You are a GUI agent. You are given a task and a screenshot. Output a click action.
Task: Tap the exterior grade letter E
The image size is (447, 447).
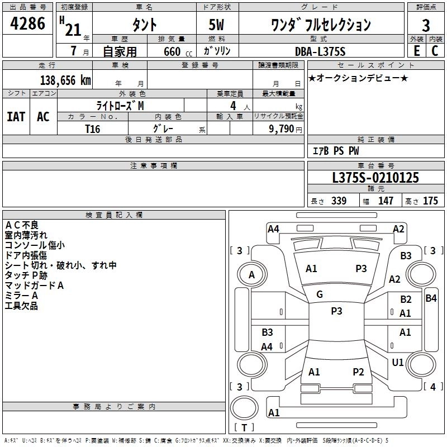(416, 50)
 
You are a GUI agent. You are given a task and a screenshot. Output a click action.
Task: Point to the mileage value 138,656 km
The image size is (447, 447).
(65, 80)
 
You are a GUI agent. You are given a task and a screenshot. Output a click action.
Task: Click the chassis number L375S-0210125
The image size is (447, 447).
(375, 178)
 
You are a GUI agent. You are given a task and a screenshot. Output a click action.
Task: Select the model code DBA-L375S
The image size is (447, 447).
(320, 51)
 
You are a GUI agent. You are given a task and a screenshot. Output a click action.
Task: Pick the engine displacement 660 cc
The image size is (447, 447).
(170, 51)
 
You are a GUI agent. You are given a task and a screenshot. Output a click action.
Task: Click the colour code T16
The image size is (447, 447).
(92, 128)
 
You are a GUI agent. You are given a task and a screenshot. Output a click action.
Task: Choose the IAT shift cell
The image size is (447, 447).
(16, 117)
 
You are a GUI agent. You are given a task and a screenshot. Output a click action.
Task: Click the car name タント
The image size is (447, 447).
(144, 25)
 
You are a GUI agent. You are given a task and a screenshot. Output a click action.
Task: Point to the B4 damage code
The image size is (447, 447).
(431, 298)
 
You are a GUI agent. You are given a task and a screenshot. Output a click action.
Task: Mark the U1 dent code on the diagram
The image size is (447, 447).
(398, 363)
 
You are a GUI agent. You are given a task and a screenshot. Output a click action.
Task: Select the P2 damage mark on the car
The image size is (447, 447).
(358, 372)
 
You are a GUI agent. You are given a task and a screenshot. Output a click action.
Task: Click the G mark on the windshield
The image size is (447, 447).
(320, 294)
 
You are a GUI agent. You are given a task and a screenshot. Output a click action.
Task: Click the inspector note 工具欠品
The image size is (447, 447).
(21, 306)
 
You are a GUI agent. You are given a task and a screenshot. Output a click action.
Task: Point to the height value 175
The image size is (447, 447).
(430, 201)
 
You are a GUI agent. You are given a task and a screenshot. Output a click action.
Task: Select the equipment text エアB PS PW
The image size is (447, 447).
(335, 151)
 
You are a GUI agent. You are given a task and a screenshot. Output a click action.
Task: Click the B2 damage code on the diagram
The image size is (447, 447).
(406, 299)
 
